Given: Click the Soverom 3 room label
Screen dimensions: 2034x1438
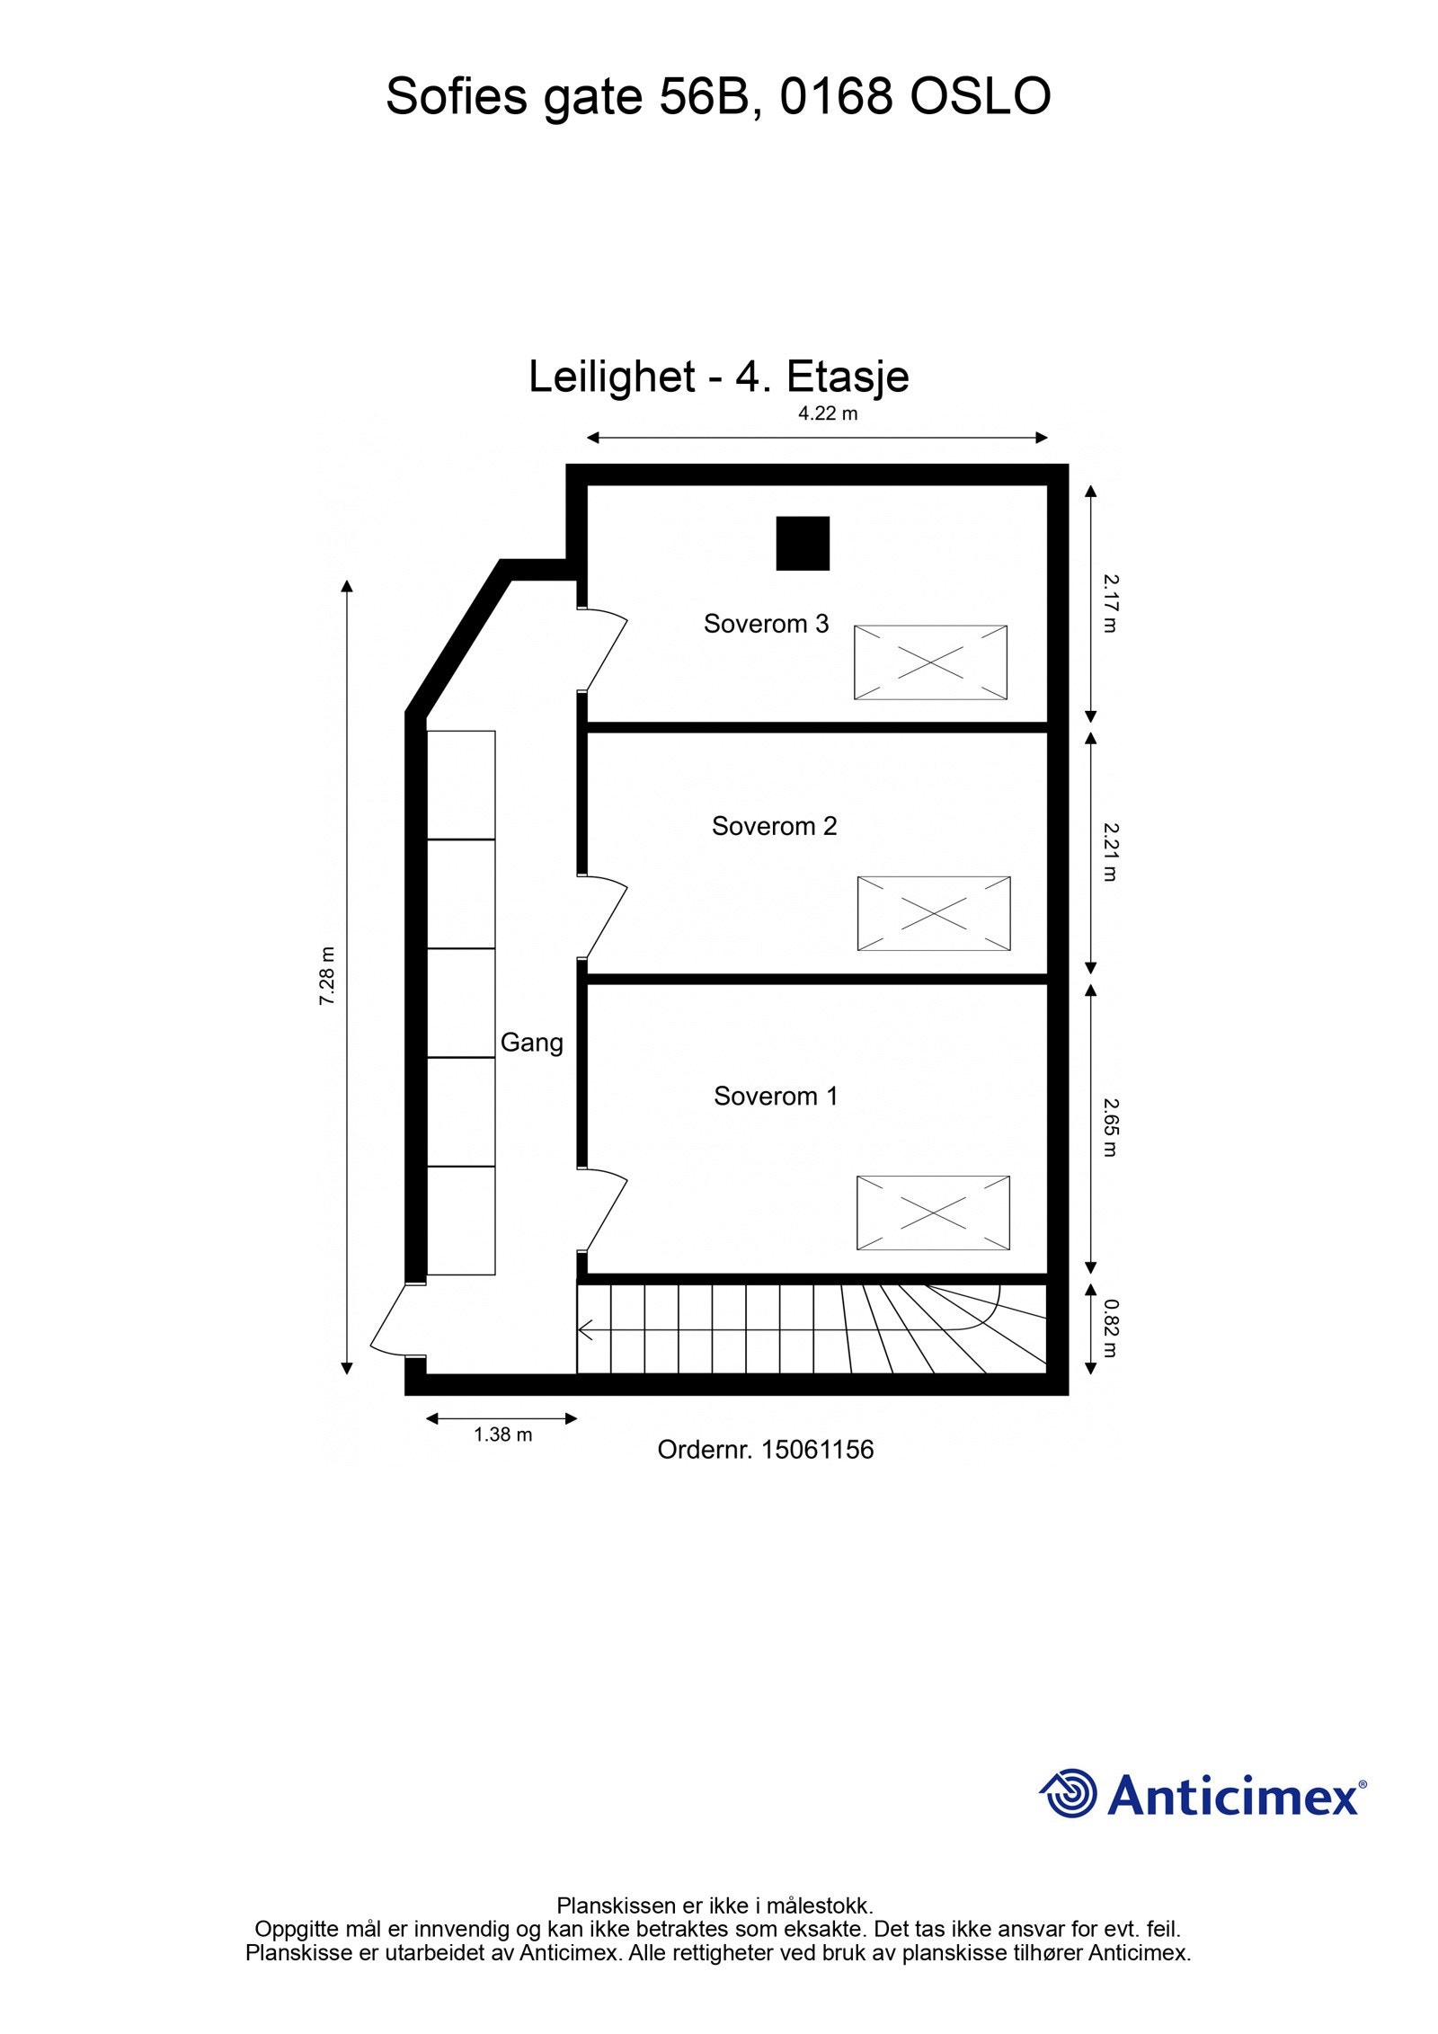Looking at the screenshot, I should tap(766, 624).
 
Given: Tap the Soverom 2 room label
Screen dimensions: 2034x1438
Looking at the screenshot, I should tap(774, 826).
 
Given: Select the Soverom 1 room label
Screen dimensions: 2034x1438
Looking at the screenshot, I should tap(776, 1096).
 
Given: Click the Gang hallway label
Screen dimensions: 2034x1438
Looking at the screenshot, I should tap(531, 1043).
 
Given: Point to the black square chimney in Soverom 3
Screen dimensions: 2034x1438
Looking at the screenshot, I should tap(803, 543).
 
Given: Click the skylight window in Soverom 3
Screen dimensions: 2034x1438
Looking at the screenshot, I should tap(930, 662).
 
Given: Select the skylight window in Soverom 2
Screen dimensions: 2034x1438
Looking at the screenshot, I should tap(934, 913).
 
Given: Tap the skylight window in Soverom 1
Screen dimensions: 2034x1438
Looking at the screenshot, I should tap(933, 1212).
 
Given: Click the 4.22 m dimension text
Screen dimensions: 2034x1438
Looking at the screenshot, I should tap(828, 414).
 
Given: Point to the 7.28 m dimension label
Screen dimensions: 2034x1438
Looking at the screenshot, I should tap(327, 975).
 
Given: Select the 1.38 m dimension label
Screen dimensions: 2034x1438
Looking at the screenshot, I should tap(502, 1434).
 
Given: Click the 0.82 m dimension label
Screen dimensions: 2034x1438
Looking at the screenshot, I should tap(1110, 1328).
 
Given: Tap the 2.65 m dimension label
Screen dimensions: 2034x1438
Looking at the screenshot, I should tap(1110, 1127).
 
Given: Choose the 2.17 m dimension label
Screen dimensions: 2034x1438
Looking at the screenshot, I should tap(1110, 603).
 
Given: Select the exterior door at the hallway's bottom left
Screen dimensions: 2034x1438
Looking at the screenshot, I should tap(394, 1321).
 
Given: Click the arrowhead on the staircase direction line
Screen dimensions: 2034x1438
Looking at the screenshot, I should tap(584, 1329).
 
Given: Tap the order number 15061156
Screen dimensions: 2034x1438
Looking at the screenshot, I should tap(816, 1450).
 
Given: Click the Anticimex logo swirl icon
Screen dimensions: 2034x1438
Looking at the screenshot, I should tap(1069, 1793).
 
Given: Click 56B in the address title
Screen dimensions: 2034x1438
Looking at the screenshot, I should tap(704, 96).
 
